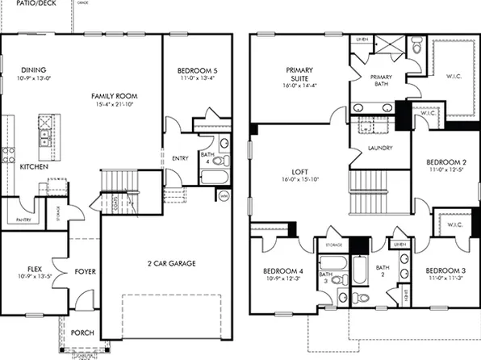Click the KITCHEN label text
pyautogui.click(x=34, y=167)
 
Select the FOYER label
pyautogui.click(x=86, y=272)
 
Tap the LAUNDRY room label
pyautogui.click(x=379, y=149)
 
